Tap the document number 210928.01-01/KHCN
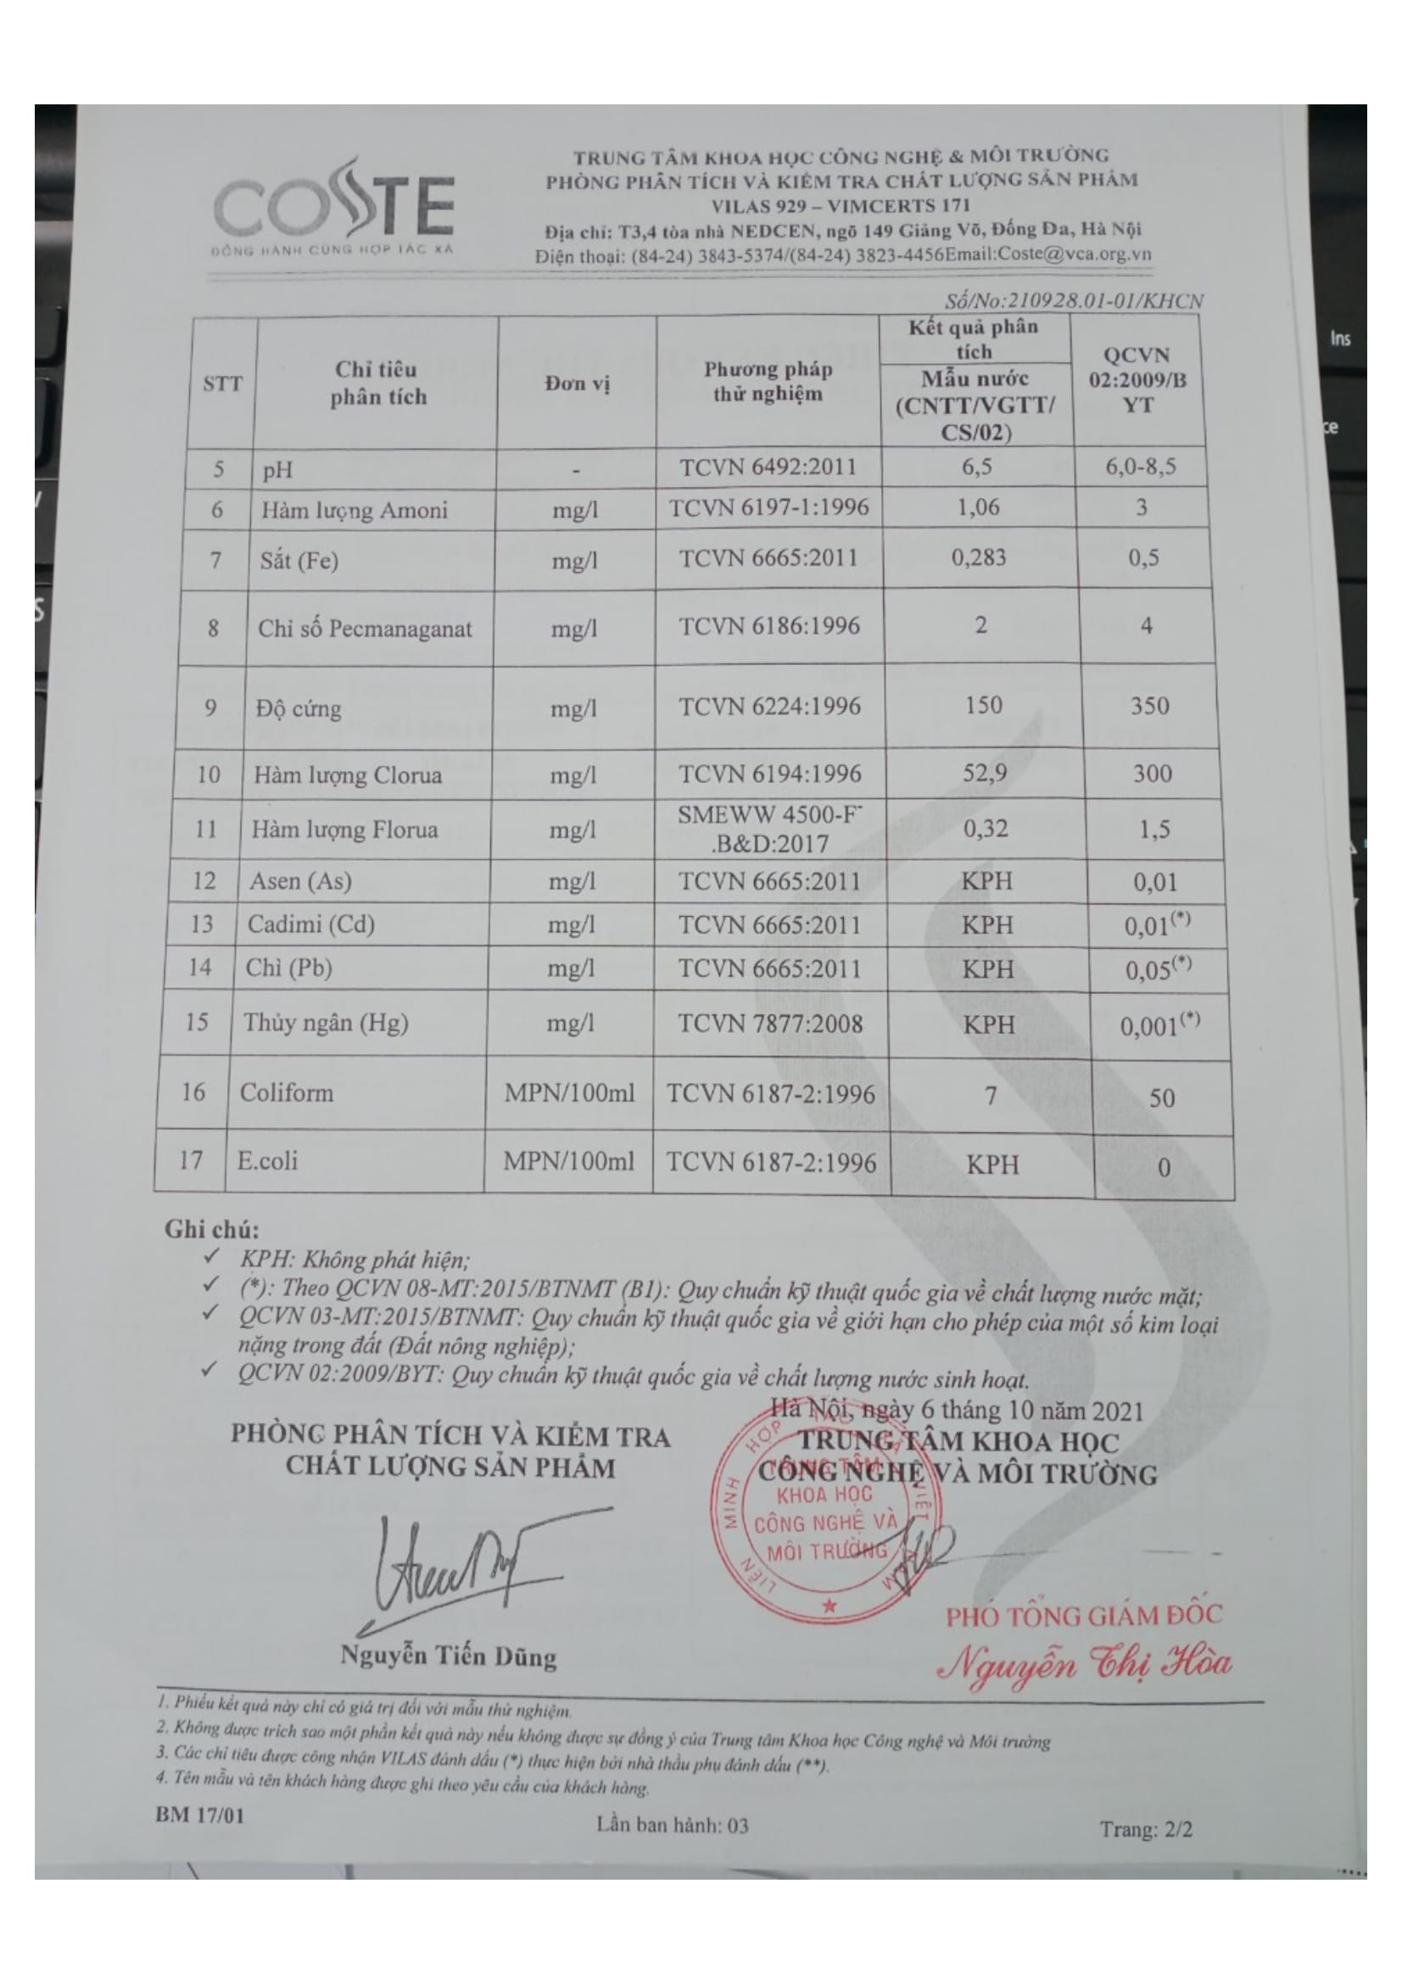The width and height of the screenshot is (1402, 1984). coord(1073,299)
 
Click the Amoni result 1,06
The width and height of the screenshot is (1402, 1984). coord(978,508)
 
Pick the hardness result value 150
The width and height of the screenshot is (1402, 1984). coord(983,705)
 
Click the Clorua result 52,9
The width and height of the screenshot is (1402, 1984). coord(985,773)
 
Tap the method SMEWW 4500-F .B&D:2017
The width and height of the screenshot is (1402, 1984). coord(769,829)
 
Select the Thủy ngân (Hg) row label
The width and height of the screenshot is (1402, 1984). coord(326,1023)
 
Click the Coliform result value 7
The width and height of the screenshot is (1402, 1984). coord(991,1096)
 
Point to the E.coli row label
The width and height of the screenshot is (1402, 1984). coord(268,1160)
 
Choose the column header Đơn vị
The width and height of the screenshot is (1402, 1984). coord(577,383)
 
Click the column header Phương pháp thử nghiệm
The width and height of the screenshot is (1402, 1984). coord(768,382)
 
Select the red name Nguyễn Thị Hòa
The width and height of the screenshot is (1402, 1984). coord(1086,1663)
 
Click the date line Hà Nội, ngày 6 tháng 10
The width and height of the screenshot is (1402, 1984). coord(956,1411)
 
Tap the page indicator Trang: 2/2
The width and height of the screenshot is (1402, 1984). coord(1146,1829)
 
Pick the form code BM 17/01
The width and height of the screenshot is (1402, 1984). coord(199,1814)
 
